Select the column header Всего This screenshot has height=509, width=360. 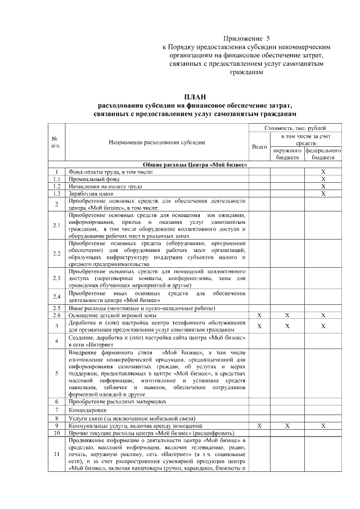(x=259, y=147)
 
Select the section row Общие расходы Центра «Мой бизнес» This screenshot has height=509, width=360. (x=195, y=164)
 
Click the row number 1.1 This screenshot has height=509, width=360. (x=57, y=178)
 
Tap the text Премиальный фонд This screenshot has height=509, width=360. (x=92, y=178)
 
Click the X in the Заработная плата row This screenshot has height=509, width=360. (x=323, y=193)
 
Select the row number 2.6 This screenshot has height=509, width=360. (x=57, y=316)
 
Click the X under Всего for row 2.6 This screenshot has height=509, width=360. (x=259, y=316)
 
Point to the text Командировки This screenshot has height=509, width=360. (x=88, y=410)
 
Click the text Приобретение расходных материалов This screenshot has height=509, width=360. (x=117, y=402)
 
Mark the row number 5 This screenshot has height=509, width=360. (x=57, y=373)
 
